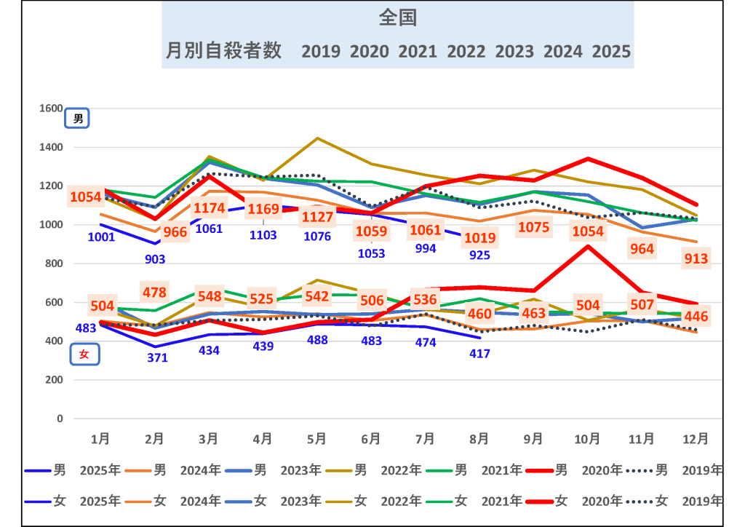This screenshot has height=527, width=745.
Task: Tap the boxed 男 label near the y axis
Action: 78,119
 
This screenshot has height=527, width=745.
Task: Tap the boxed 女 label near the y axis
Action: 84,354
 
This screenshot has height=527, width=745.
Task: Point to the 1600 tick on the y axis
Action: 51,108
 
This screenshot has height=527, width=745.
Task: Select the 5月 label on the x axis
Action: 316,438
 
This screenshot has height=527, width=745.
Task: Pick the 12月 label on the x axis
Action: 696,438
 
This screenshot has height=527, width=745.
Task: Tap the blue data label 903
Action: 155,258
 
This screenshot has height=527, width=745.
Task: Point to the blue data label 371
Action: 157,357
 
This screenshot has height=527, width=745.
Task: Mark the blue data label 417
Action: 479,354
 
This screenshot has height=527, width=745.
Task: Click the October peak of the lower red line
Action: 588,245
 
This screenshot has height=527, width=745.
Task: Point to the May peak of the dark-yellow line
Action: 317,138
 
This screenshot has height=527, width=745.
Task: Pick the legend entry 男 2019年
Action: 677,470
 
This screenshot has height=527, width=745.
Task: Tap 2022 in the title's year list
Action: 466,52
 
